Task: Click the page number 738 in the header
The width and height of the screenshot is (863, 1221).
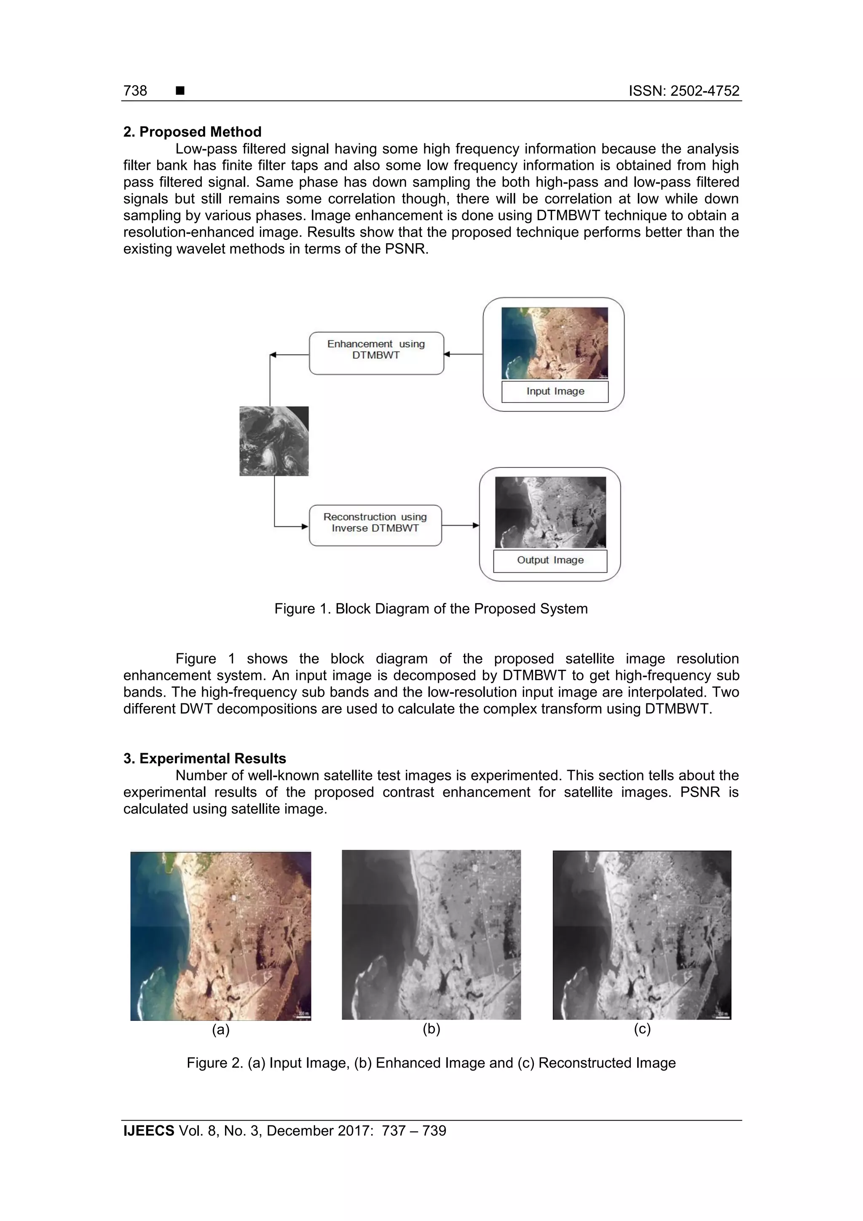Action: (x=135, y=91)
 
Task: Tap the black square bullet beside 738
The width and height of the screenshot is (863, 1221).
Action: (x=180, y=91)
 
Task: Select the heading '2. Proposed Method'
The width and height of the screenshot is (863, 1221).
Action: (x=192, y=132)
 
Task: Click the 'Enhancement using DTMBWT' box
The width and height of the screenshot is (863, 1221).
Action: (x=376, y=353)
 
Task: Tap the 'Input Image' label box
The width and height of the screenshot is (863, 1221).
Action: (x=555, y=392)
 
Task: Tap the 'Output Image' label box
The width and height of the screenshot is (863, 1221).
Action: (x=550, y=561)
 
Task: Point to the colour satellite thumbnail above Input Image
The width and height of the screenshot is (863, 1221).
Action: (x=554, y=343)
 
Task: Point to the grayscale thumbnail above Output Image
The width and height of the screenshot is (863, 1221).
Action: (x=550, y=512)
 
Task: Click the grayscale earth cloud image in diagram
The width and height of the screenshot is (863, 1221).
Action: (x=274, y=441)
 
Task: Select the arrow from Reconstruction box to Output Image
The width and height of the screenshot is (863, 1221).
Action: (x=460, y=526)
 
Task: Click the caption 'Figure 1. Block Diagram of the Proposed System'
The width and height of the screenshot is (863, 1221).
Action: (x=431, y=609)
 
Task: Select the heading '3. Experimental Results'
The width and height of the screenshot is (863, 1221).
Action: (x=204, y=758)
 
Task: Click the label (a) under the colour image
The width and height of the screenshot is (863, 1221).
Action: (x=221, y=1030)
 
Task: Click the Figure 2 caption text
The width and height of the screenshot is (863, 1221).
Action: (x=431, y=1063)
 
